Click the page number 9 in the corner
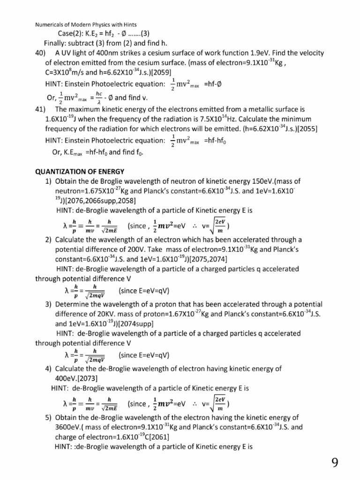tap(335, 463)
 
